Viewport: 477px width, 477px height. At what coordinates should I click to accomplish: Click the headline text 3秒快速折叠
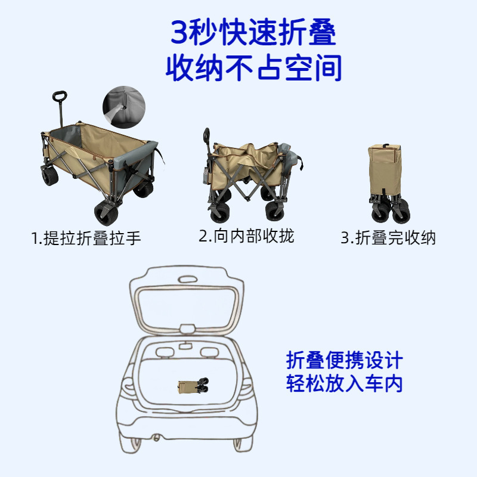pos(253,32)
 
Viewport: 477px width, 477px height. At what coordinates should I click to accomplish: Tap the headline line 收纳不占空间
pos(254,67)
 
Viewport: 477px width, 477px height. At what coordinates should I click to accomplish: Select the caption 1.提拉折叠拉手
pos(86,238)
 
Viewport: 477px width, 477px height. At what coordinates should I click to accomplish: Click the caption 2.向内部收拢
pos(246,236)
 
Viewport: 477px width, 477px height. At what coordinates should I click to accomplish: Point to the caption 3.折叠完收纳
pos(388,237)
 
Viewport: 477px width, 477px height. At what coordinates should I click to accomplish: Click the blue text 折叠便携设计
pos(345,360)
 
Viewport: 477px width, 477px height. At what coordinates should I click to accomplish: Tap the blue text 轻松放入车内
pos(345,383)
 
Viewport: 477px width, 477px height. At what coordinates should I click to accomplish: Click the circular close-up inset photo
pos(124,107)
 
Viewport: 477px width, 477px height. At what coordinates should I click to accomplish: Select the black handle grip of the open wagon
pos(60,97)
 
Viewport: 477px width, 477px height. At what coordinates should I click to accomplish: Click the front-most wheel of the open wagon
pos(106,214)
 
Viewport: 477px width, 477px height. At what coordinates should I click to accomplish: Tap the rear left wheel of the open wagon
pos(50,176)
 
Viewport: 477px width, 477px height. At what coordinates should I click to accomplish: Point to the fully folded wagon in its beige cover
pos(389,184)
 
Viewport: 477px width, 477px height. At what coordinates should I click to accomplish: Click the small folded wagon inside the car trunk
pos(193,386)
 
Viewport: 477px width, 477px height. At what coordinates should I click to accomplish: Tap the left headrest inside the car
pos(165,352)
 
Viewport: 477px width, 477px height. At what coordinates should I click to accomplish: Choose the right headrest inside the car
pos(210,352)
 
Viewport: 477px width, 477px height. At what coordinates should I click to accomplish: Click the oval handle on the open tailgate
pos(188,279)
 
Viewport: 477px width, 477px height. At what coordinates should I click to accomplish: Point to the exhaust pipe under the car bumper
pos(156,438)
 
